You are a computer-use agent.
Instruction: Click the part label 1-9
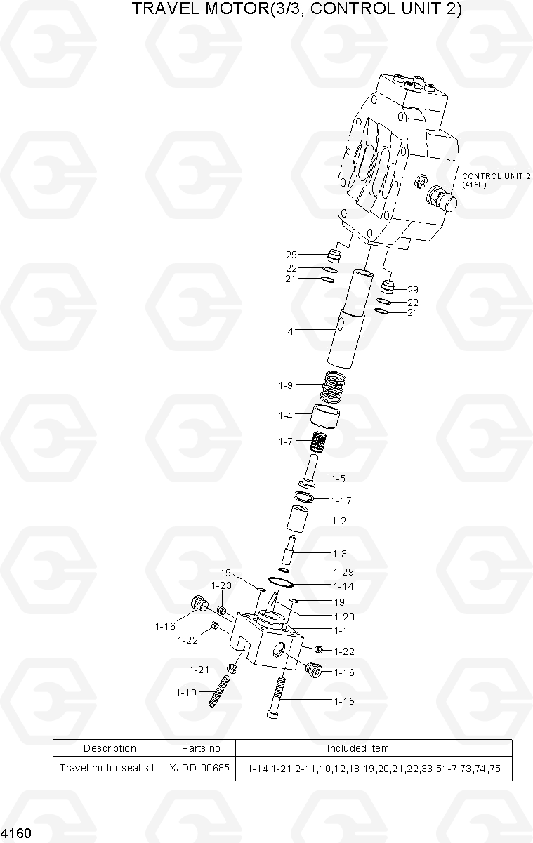point(284,385)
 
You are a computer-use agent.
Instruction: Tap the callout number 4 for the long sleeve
point(290,331)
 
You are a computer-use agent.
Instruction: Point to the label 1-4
point(284,416)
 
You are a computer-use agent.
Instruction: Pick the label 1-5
point(338,479)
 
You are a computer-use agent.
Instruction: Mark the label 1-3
point(339,554)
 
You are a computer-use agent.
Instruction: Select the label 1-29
point(343,571)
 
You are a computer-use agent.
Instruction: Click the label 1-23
point(221,585)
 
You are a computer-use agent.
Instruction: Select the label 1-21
point(199,670)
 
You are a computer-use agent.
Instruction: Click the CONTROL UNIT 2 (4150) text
point(496,180)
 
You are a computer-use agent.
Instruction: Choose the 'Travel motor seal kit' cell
point(107,768)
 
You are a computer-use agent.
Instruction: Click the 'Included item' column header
point(357,748)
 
